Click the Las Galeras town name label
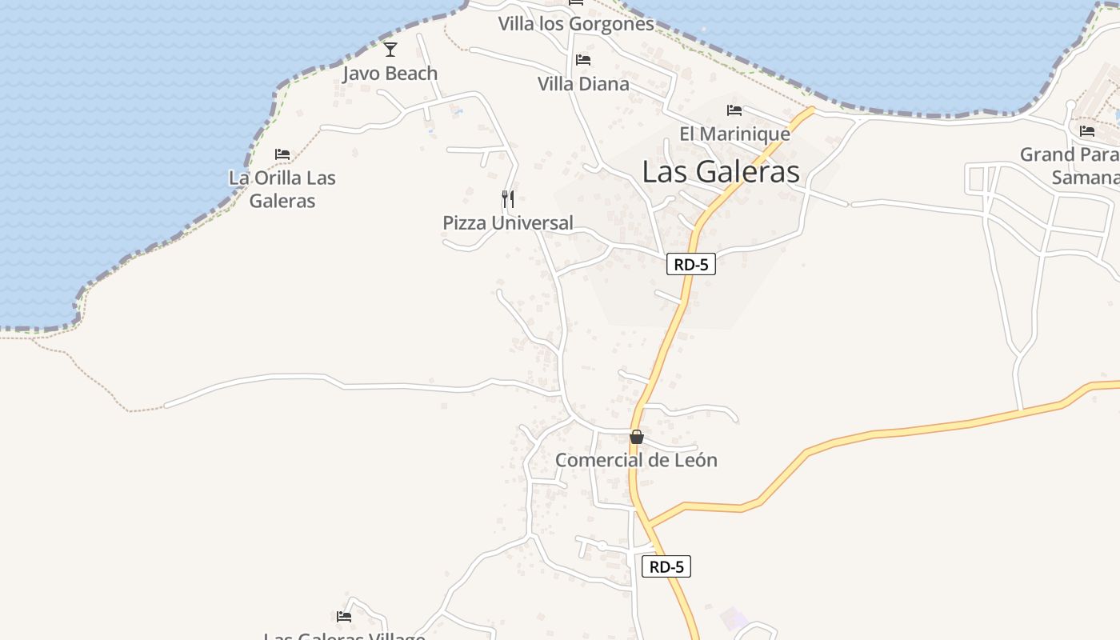point(721,171)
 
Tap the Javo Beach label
point(390,74)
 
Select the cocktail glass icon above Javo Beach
point(390,50)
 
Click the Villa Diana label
point(583,84)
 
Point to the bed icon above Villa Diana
point(583,60)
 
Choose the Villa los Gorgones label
point(576,24)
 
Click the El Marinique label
point(734,134)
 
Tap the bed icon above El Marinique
point(734,110)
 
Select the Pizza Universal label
point(508,223)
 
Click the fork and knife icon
point(508,198)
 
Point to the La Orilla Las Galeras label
point(282,189)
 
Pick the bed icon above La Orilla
point(282,154)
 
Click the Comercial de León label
point(636,460)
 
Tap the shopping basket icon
point(637,437)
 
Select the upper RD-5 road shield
point(690,265)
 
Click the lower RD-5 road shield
point(666,566)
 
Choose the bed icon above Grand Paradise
point(1086,131)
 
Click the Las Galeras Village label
point(344,635)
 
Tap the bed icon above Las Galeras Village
point(344,617)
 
